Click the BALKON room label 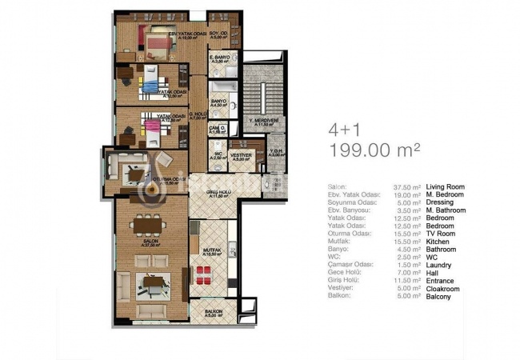[x=212, y=310]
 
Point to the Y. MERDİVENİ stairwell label [x=263, y=122]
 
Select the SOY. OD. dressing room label [x=219, y=34]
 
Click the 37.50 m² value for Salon [x=408, y=186]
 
